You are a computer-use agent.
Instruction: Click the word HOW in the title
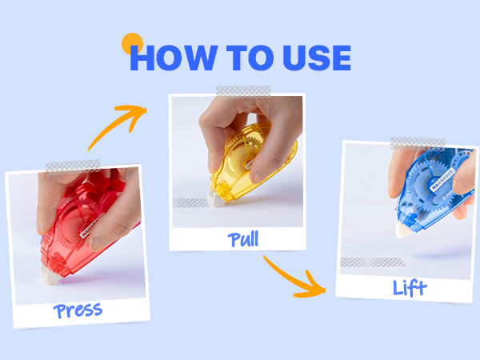click(174, 58)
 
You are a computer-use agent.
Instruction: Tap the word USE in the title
click(317, 58)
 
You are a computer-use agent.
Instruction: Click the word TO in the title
click(250, 58)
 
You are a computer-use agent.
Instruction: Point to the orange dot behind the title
click(132, 43)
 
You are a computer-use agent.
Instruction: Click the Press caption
click(78, 310)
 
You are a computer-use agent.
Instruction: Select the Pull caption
click(243, 239)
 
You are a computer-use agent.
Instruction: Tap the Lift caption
click(410, 288)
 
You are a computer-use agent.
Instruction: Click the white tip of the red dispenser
click(50, 275)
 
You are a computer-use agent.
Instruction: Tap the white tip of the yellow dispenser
click(216, 198)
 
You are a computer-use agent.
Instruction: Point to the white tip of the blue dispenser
click(402, 230)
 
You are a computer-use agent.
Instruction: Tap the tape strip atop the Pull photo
click(243, 91)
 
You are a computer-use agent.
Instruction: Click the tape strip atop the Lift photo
click(418, 143)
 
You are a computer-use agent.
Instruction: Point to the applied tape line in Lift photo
click(372, 262)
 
